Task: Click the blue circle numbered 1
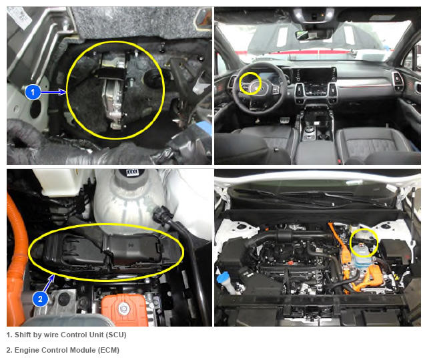pos(33,92)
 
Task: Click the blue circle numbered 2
pos(40,299)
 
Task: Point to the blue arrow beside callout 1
pos(53,92)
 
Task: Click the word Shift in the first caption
pos(23,335)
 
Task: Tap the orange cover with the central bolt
pos(124,310)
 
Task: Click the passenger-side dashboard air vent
pos(398,79)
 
